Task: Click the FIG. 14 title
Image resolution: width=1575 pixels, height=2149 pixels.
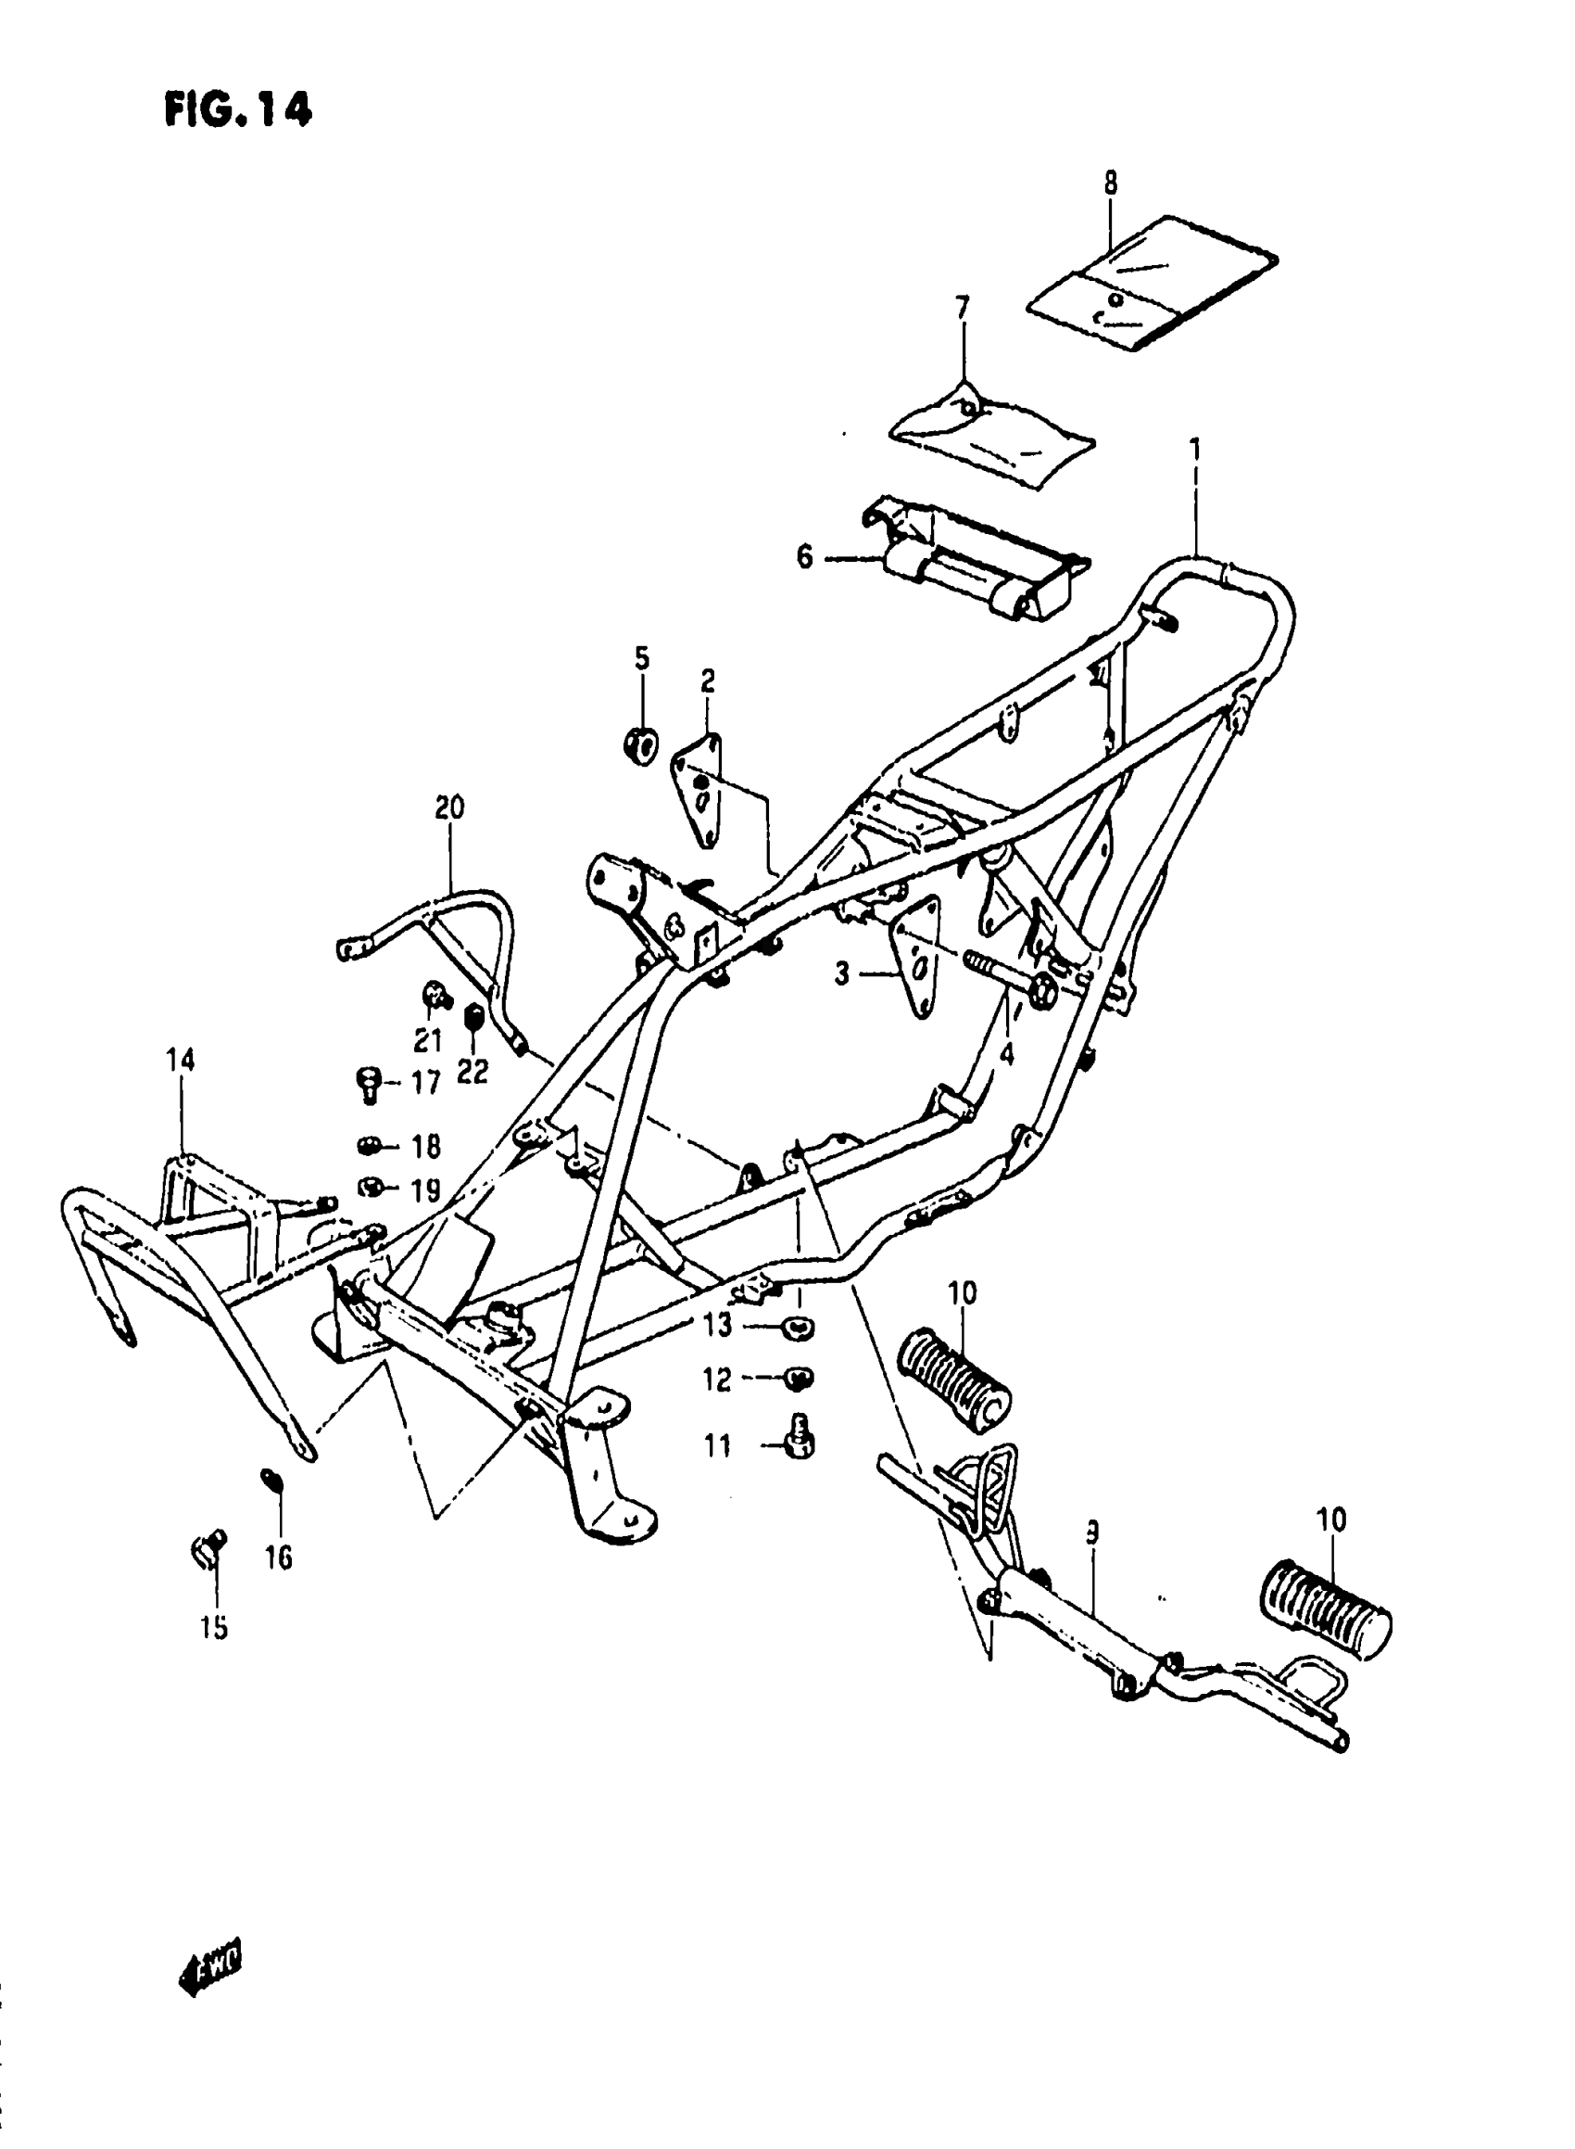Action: [237, 110]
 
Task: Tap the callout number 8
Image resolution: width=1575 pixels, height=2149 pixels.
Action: [1111, 183]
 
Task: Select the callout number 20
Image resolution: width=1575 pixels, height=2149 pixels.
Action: [449, 807]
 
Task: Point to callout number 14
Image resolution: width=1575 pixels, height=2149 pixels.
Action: [180, 1060]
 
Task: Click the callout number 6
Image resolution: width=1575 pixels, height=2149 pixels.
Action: [805, 557]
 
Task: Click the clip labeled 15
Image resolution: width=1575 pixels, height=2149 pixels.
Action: [208, 1552]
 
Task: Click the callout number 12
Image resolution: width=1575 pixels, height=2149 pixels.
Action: [718, 1380]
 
